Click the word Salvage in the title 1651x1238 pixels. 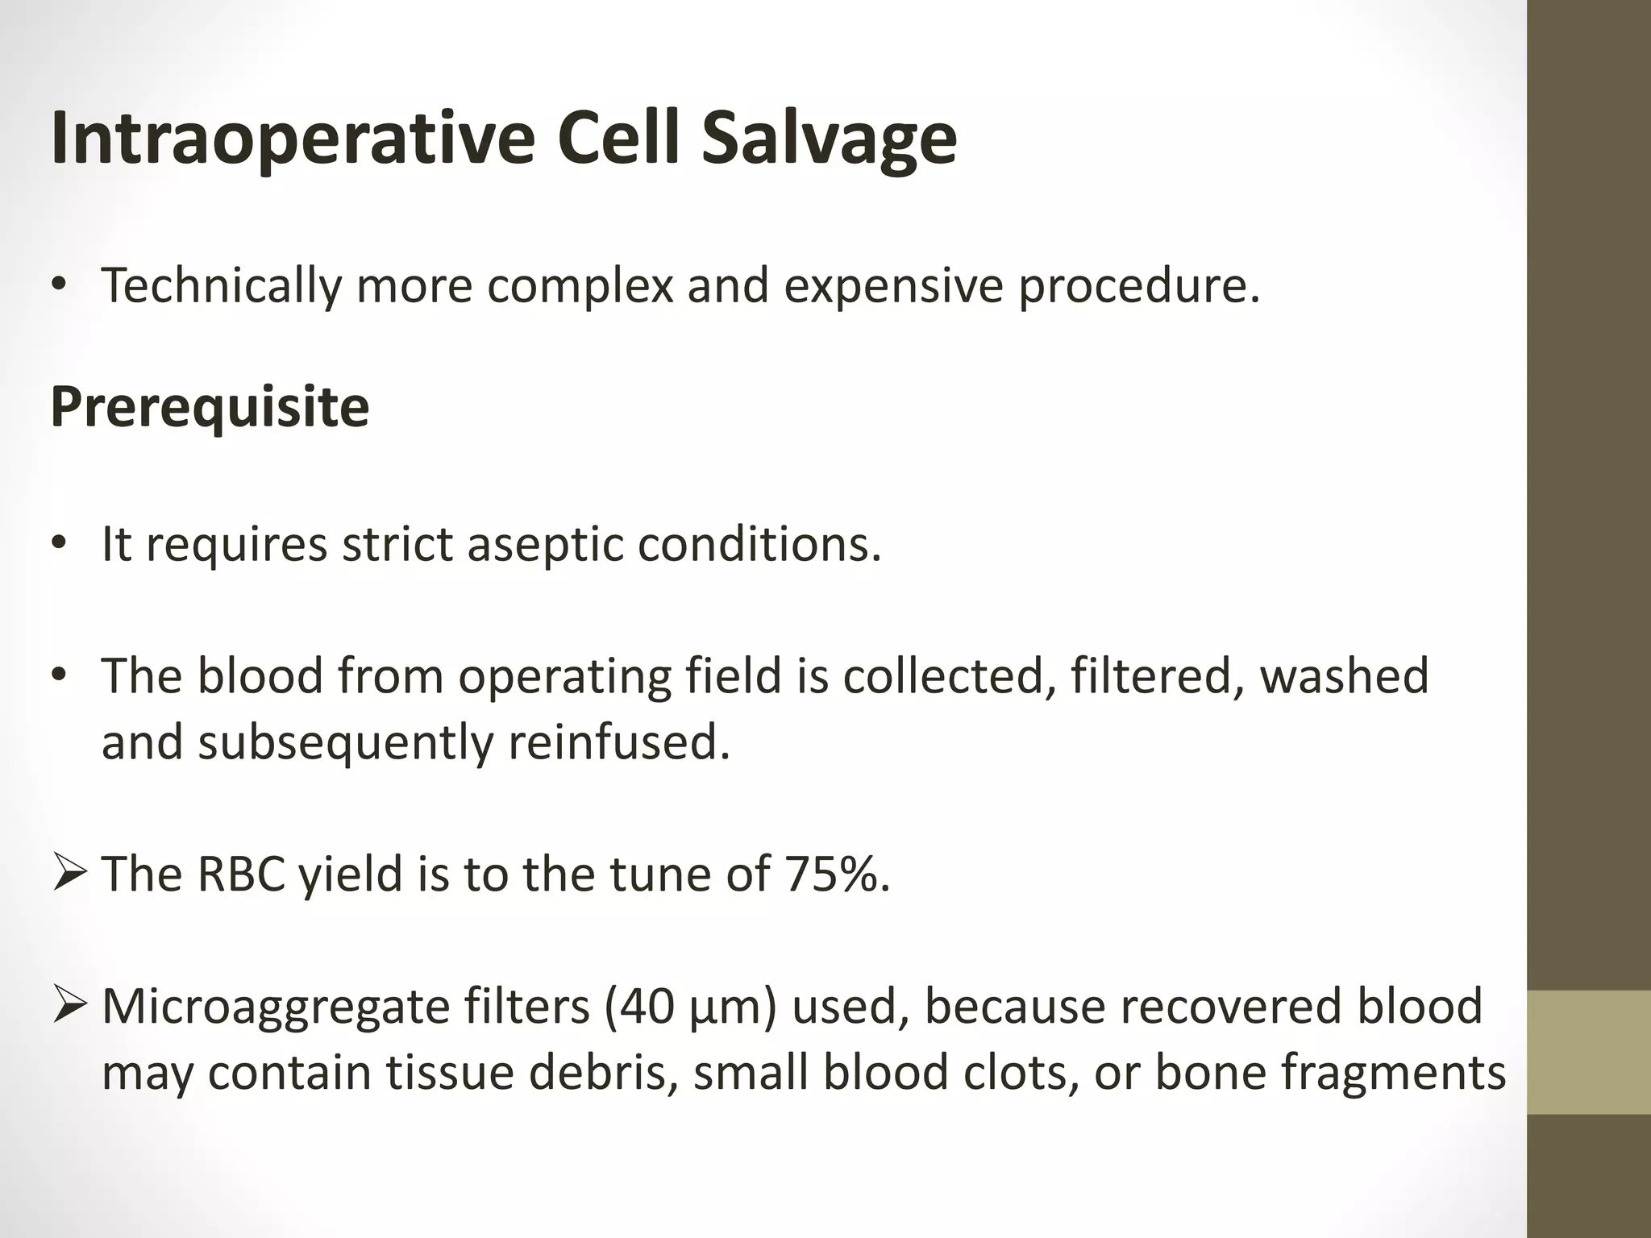[828, 139]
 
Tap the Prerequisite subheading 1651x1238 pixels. [210, 407]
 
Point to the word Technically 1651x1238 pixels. [221, 285]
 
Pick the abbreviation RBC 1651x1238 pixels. [240, 874]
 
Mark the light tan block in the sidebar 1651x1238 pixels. [1588, 1052]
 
